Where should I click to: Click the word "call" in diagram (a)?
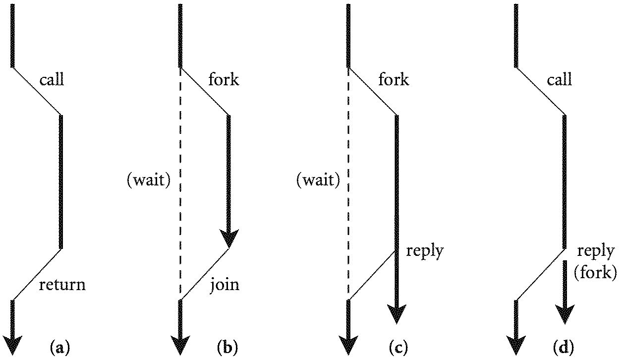(x=52, y=79)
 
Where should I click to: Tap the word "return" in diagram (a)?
(x=62, y=285)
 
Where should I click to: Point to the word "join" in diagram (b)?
(x=224, y=285)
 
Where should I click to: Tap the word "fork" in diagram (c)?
(x=394, y=79)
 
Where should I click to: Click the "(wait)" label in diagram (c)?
(x=318, y=181)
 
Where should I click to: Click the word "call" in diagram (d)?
(x=560, y=79)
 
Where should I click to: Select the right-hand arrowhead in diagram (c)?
(x=396, y=314)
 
